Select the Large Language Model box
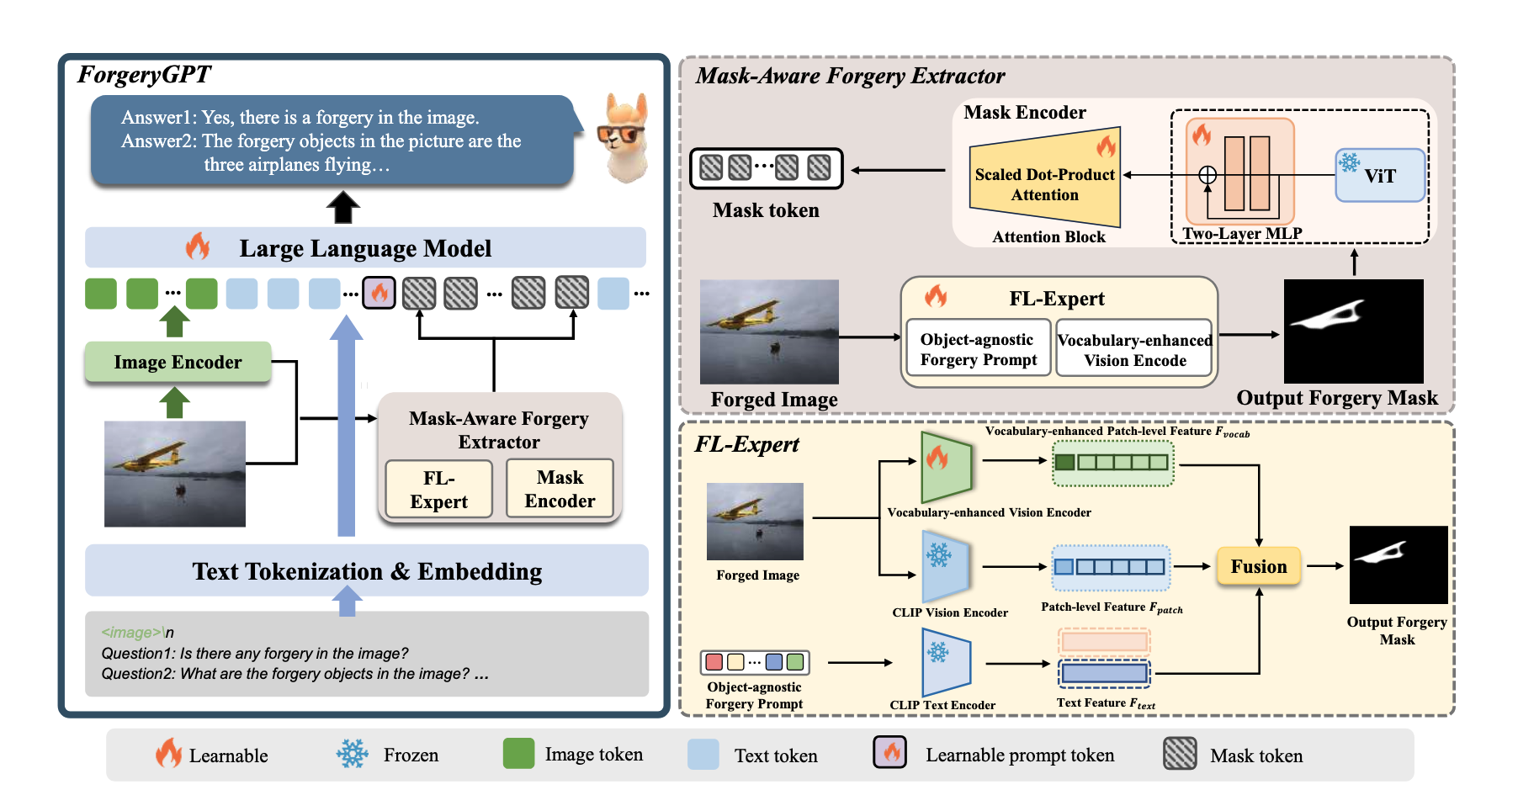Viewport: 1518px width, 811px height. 365,248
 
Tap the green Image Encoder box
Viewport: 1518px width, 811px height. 178,362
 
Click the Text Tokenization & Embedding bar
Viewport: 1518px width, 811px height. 367,571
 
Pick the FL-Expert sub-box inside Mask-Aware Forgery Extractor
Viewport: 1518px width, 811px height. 438,489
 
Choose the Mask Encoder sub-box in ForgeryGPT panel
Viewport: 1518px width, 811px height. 560,489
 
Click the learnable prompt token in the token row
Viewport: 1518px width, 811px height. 379,293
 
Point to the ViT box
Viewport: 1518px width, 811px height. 1380,176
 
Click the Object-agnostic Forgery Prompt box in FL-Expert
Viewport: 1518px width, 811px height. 978,349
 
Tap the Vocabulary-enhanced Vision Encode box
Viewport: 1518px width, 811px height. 1134,349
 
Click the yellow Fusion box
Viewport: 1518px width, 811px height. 1258,566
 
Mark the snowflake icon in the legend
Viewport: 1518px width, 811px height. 353,754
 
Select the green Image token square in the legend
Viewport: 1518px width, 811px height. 518,754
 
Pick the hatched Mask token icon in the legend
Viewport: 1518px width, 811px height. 1180,754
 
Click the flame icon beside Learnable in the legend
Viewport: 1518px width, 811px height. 168,753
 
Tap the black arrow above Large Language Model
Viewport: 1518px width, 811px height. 343,207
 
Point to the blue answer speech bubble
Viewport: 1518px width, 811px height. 332,140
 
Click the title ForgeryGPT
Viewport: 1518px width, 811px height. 144,75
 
